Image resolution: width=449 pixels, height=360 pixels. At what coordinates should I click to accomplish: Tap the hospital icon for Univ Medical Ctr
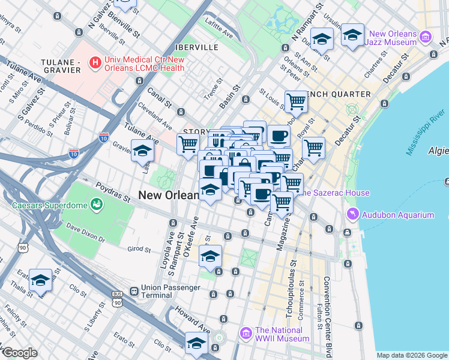95,61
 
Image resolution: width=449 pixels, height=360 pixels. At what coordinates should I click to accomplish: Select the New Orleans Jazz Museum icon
426,37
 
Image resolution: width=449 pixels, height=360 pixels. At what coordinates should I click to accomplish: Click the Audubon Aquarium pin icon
353,214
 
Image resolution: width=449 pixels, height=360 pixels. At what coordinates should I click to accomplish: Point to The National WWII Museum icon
245,334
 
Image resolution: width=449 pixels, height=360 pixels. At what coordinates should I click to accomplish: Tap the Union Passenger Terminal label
170,292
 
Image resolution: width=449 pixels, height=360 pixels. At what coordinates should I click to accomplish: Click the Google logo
19,353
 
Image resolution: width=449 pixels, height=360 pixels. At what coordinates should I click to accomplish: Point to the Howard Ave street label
193,320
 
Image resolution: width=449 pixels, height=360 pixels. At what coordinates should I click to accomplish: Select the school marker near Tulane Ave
142,150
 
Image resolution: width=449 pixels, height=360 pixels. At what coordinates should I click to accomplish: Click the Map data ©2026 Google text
412,355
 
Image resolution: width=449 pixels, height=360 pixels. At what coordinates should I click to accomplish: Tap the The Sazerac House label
334,193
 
